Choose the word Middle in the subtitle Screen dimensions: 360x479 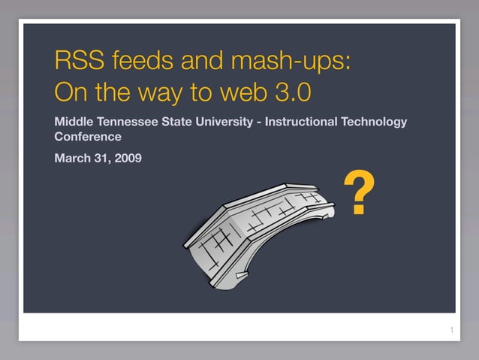pyautogui.click(x=74, y=121)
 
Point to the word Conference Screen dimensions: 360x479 pyautogui.click(x=88, y=137)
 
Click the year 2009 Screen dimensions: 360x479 pyautogui.click(x=128, y=158)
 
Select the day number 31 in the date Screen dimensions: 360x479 pyautogui.click(x=101, y=158)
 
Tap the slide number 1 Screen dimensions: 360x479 pyautogui.click(x=451, y=331)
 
